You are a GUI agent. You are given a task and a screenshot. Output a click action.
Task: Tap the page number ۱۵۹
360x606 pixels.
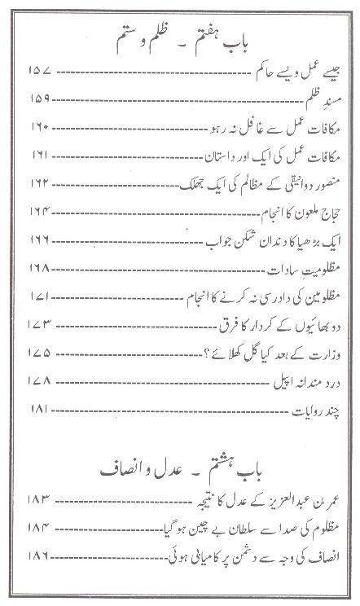(x=40, y=100)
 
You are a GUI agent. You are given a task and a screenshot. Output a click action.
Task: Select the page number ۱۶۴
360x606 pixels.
(x=40, y=195)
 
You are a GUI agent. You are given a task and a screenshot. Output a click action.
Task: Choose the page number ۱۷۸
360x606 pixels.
(x=40, y=382)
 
